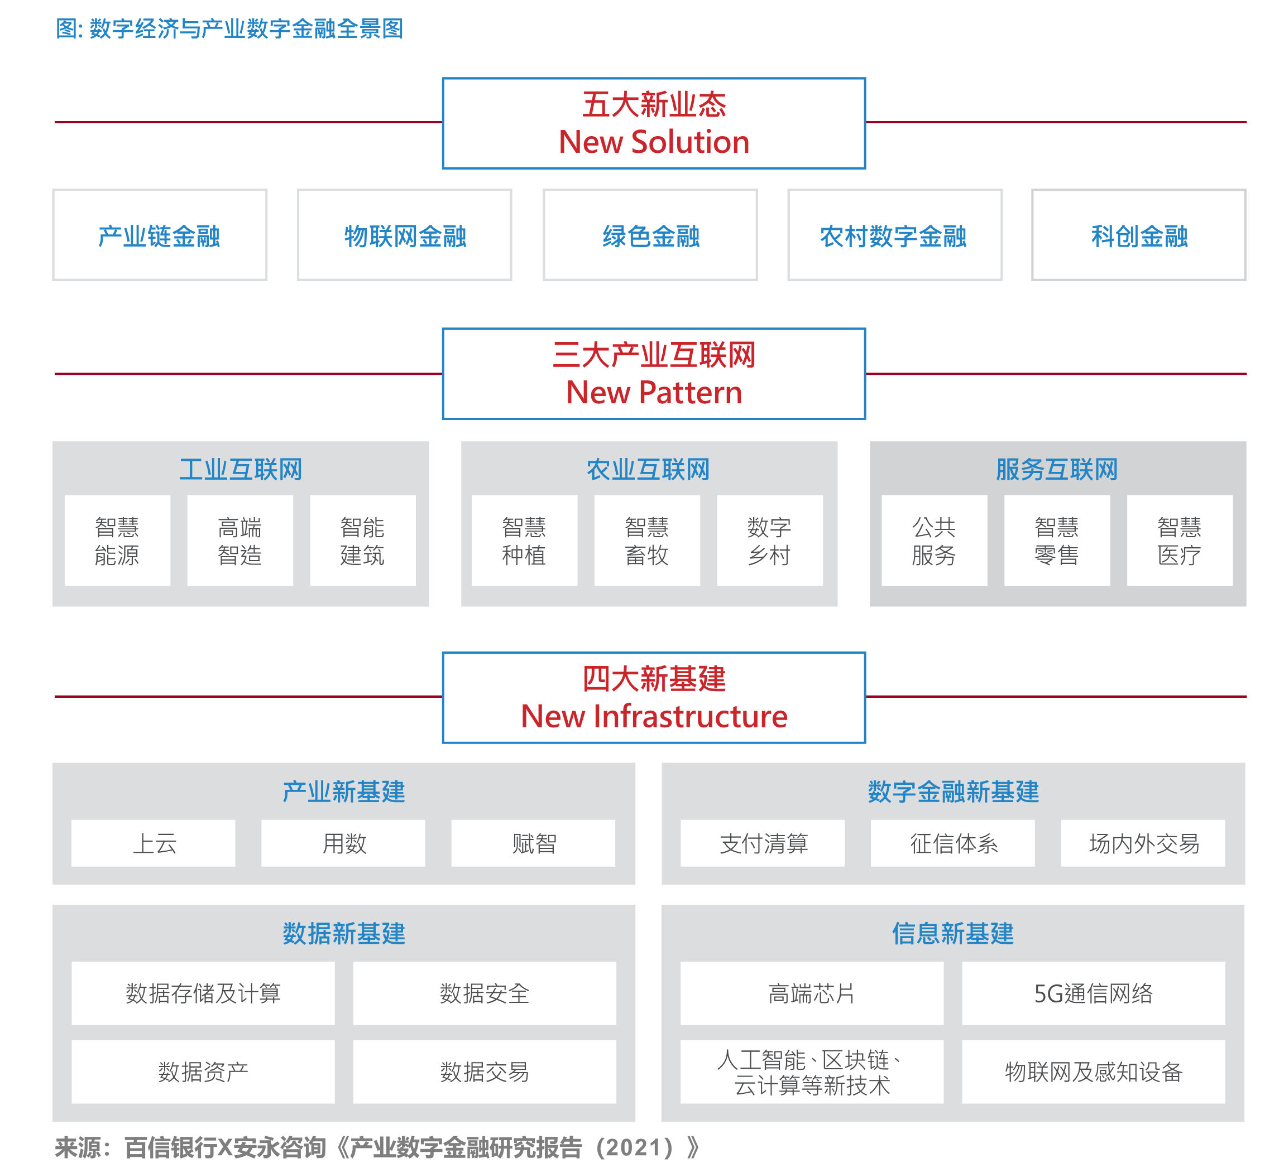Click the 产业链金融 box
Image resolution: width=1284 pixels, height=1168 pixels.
(159, 235)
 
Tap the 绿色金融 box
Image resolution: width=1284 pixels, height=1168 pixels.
(650, 235)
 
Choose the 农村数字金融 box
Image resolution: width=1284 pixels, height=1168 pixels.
(894, 235)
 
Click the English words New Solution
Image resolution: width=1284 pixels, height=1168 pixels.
(654, 142)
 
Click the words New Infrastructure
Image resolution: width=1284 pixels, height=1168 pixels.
(654, 717)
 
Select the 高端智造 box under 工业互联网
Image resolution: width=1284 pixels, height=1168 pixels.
(239, 541)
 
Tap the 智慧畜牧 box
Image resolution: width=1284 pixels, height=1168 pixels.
(646, 541)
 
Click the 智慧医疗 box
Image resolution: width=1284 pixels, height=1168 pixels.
(1179, 541)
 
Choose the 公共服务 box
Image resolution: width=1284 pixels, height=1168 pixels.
(934, 541)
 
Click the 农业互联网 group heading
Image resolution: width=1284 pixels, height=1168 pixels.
(648, 470)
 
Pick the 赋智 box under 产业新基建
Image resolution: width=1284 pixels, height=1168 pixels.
(533, 843)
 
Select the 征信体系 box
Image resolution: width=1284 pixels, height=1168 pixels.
(952, 843)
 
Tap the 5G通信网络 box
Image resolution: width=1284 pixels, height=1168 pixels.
(1093, 993)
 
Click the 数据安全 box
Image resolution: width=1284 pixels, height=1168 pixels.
(484, 993)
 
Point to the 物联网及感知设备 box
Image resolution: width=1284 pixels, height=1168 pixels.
(1093, 1072)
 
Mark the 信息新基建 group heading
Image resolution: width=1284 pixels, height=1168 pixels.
(952, 934)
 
